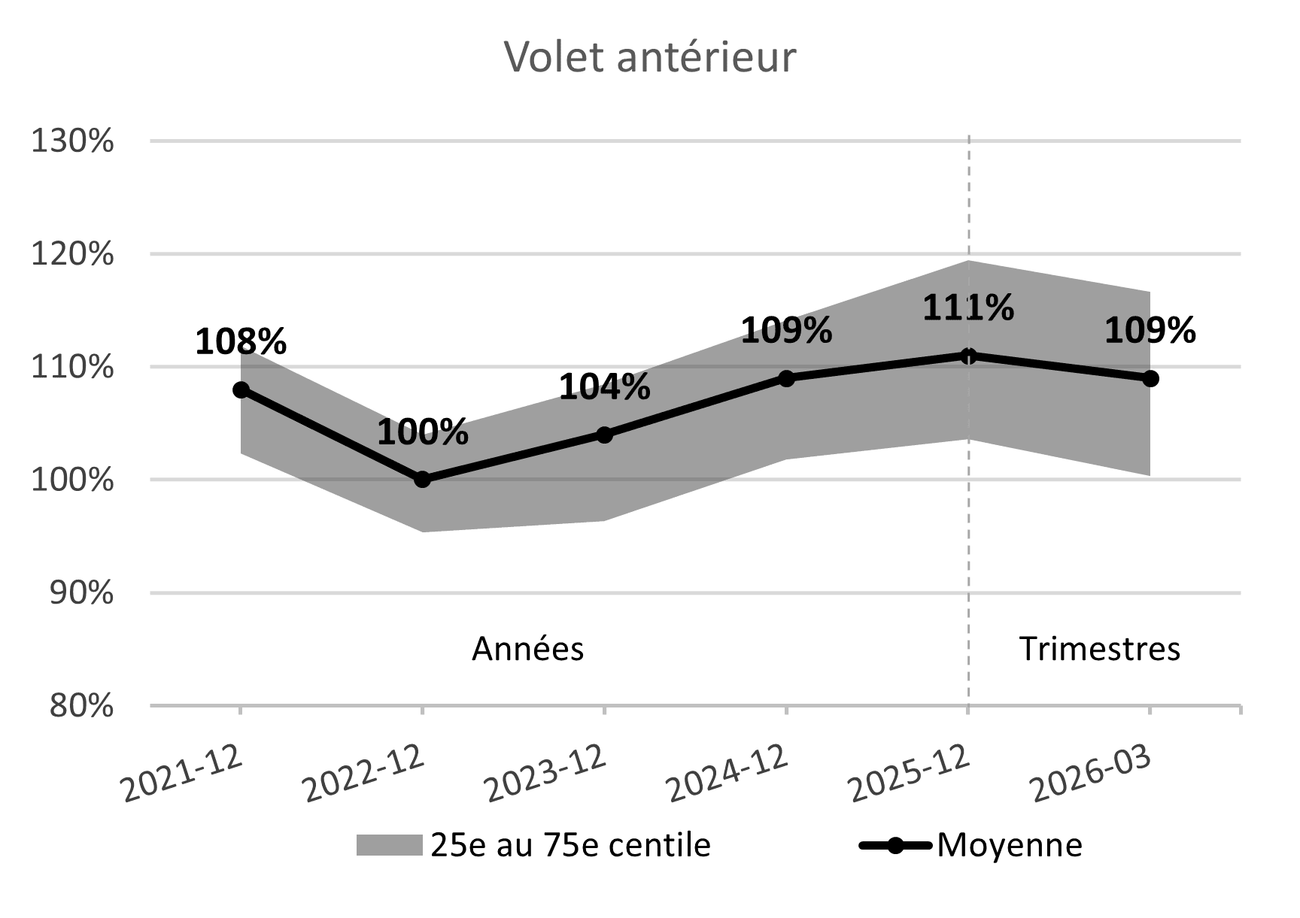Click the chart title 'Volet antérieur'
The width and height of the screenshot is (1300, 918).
coord(649,57)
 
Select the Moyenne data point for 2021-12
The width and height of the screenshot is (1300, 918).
coord(241,389)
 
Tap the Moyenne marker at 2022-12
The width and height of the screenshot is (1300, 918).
coord(423,480)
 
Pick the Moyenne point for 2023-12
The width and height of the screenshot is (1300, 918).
coord(605,435)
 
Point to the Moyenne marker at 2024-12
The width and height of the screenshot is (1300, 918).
coord(786,378)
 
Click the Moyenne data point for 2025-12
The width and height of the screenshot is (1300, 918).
coord(968,356)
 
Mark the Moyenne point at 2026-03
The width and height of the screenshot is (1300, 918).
coord(1150,378)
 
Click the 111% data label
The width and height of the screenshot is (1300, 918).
coord(968,308)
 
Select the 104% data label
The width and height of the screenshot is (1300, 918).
coord(605,387)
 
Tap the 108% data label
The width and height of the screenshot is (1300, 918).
coord(241,342)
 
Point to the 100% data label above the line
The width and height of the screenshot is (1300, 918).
coord(423,432)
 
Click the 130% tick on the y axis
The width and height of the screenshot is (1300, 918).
coord(72,141)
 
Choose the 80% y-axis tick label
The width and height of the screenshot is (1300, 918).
coord(81,707)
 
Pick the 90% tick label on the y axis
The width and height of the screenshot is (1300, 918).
coord(81,594)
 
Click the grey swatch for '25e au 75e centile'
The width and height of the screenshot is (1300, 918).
coord(389,845)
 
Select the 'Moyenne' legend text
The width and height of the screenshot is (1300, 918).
coord(1010,845)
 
